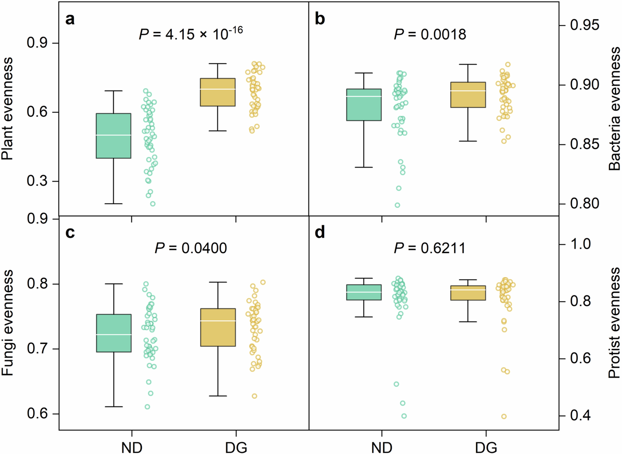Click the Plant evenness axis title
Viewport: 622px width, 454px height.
coord(7,109)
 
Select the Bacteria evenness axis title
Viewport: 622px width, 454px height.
coord(614,109)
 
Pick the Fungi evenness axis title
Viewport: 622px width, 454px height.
coord(7,323)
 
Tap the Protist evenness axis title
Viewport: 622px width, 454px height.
coord(614,323)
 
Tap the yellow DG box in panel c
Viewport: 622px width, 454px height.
coord(218,327)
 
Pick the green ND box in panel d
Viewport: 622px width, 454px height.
coord(364,292)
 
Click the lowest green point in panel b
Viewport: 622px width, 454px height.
coord(397,205)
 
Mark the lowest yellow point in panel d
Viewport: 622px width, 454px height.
coord(504,416)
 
